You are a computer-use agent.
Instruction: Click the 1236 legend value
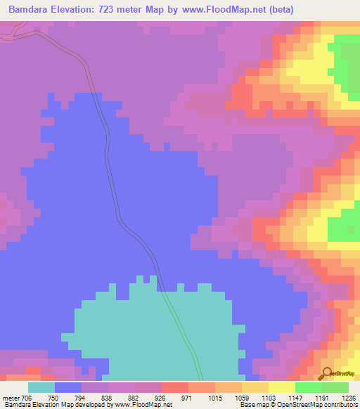[x=349, y=397]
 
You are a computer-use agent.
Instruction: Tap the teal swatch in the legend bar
[x=41, y=387]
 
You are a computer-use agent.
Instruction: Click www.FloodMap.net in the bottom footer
[x=143, y=405]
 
